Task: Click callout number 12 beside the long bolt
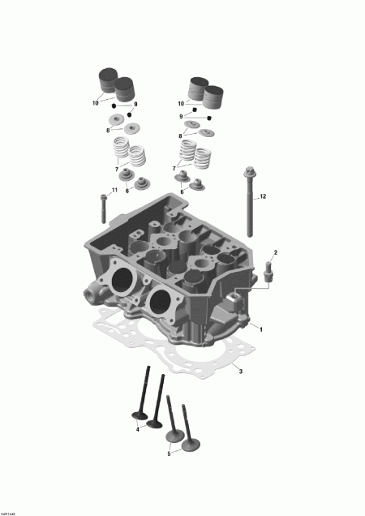[x=262, y=196]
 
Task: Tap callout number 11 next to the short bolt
[x=114, y=190]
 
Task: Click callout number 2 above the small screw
[x=275, y=253]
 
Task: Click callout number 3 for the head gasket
[x=240, y=371]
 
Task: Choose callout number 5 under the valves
[x=168, y=454]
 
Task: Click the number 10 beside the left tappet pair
[x=96, y=102]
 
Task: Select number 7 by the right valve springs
[x=174, y=166]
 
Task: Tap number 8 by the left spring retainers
[x=109, y=129]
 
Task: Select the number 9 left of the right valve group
[x=182, y=117]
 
